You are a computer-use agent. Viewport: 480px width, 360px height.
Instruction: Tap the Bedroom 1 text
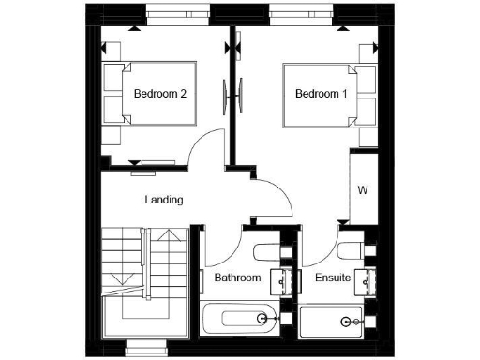click(322, 94)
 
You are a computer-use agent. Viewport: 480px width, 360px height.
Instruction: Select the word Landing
click(163, 200)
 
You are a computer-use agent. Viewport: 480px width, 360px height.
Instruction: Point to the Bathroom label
click(237, 278)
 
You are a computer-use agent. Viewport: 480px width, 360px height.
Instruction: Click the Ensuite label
click(333, 278)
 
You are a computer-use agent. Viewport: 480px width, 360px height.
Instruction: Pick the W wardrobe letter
click(362, 189)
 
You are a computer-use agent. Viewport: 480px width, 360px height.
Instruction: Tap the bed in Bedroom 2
click(150, 94)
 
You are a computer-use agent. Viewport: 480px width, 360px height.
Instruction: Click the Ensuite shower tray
click(337, 323)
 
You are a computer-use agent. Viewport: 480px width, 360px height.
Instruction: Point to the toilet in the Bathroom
click(265, 250)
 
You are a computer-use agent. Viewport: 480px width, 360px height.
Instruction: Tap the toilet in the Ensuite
click(351, 250)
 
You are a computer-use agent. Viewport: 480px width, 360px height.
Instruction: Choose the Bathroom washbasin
click(278, 280)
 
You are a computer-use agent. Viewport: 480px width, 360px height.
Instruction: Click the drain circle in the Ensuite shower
click(348, 322)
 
